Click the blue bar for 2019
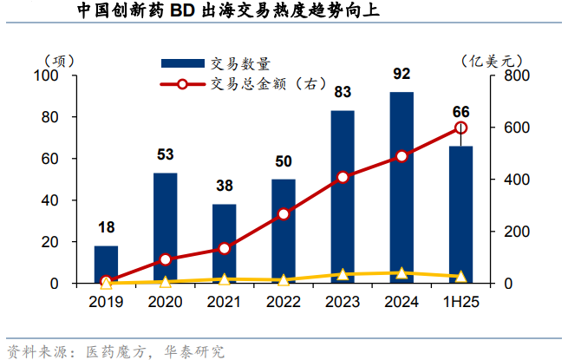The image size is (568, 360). coord(106,264)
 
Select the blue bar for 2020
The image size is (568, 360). coord(165,228)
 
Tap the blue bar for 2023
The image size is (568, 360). coord(343,197)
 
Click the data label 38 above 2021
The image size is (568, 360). coord(225,186)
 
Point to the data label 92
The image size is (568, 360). coord(402,74)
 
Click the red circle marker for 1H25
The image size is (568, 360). coord(460,128)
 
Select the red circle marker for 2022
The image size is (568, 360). coord(284,214)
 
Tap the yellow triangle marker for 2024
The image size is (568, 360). coord(402,273)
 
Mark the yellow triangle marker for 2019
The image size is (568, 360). coord(106,282)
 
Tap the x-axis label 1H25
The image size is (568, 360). coord(460,302)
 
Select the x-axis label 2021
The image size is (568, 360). coord(225,302)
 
